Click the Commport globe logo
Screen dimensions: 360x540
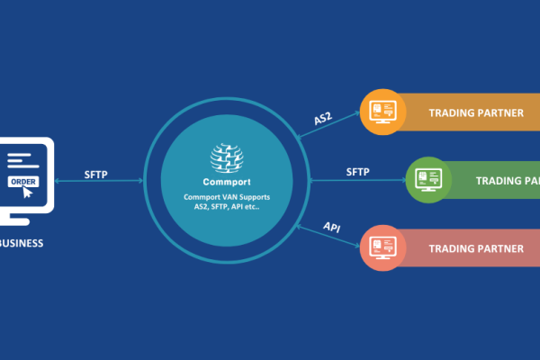coord(227,158)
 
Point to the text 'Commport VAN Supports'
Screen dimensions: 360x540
coord(227,197)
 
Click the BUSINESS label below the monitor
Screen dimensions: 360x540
coord(20,243)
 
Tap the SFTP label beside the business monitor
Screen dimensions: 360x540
coord(96,172)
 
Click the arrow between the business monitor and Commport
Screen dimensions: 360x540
coord(99,182)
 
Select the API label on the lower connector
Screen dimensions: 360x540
coord(331,227)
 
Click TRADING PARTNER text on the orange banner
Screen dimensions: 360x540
coord(476,112)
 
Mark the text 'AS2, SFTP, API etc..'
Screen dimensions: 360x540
coord(227,208)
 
